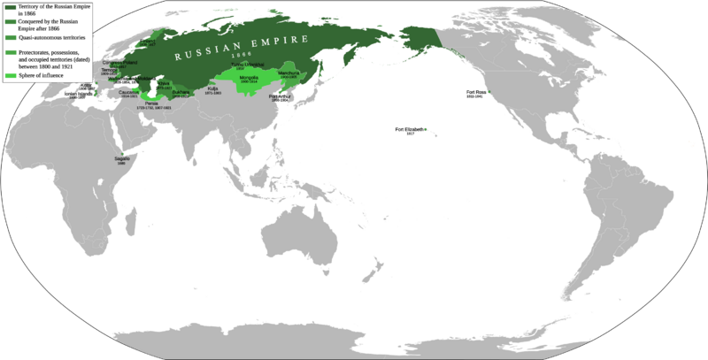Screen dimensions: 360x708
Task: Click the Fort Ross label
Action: click(x=475, y=92)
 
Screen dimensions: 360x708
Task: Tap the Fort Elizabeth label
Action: click(x=409, y=130)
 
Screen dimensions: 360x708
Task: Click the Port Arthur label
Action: click(x=280, y=96)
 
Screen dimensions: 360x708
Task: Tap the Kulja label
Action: click(x=212, y=89)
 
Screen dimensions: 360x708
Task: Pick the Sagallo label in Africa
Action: click(x=121, y=158)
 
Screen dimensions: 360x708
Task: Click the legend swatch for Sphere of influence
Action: click(x=7, y=79)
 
